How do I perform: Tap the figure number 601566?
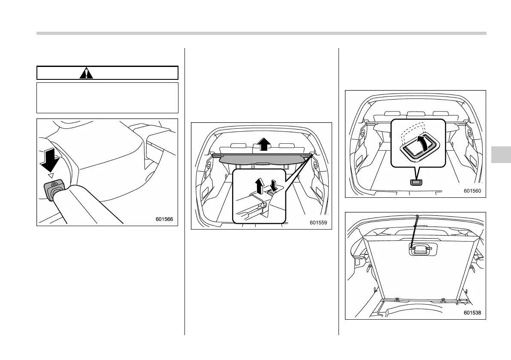coord(164,219)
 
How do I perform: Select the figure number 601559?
coord(318,223)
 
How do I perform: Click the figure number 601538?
coord(472,313)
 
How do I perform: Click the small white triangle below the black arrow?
coord(51,175)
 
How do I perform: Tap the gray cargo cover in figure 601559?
coord(262,160)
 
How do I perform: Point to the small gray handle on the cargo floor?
coord(416,182)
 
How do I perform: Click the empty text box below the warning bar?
coord(107,98)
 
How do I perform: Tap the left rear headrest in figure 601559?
coord(237,147)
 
